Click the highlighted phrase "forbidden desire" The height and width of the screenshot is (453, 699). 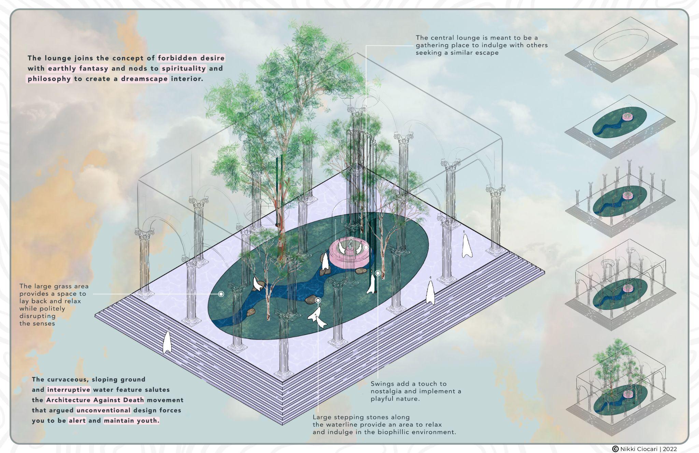coord(191,58)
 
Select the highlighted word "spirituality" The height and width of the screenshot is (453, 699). coord(184,68)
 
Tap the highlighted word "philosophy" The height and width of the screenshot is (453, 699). coord(49,79)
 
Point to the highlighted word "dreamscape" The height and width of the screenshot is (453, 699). coord(144,79)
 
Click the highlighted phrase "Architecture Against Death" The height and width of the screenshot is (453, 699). coord(95,400)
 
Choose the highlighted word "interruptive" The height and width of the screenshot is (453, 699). coord(69,390)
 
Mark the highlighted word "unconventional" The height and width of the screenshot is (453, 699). coord(103,410)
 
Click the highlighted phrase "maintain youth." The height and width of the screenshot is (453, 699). coord(131,421)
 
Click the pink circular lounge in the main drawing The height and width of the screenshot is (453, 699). coord(350,251)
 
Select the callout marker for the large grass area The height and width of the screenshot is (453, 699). coord(221,294)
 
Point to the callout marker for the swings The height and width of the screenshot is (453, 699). coord(378,273)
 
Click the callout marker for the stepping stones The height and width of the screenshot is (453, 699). coord(318,301)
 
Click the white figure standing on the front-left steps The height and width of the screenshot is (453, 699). coord(167,342)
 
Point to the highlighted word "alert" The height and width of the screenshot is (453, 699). coord(77,421)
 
